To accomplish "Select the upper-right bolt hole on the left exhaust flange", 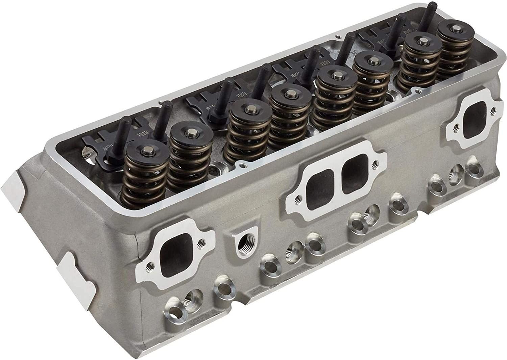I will click(x=202, y=242).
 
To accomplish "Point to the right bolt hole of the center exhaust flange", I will click(x=374, y=165).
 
